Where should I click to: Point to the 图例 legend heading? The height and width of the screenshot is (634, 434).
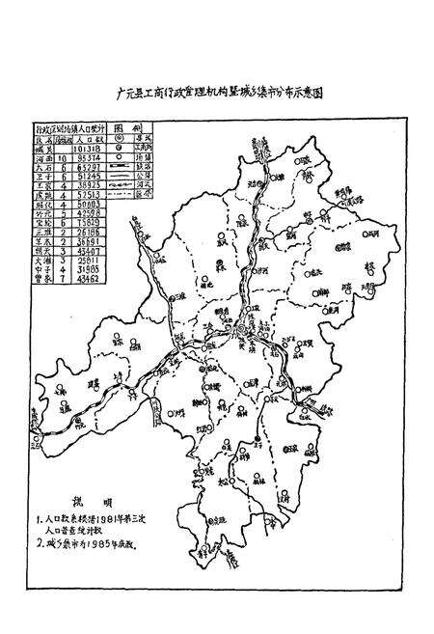pos(139,127)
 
